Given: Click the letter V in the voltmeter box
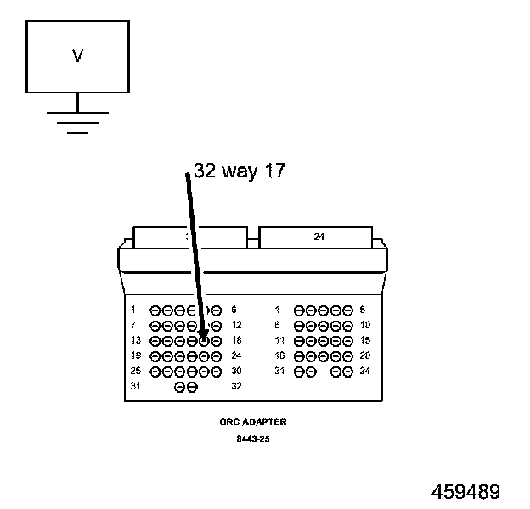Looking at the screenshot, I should [77, 56].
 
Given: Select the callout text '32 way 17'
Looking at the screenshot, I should [240, 171].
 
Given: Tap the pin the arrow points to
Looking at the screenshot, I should [204, 340].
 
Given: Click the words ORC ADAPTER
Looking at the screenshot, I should [252, 422].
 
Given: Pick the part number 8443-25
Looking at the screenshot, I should [252, 439].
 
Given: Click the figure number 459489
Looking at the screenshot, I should [465, 492].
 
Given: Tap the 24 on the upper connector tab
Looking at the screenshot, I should [319, 238].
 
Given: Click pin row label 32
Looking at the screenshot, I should [236, 386].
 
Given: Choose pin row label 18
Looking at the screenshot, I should [236, 340].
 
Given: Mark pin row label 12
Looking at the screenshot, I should [236, 325].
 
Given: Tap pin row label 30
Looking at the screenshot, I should [236, 371].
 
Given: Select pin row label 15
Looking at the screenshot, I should [364, 340].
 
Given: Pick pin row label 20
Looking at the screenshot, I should [364, 355].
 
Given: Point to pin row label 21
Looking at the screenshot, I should [279, 371].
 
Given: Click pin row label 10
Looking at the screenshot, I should [364, 325].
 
